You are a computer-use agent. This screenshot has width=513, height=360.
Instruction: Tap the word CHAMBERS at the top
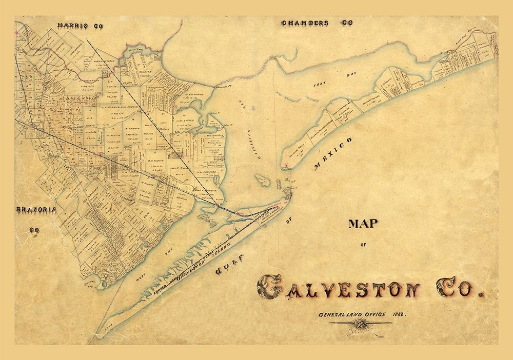305,23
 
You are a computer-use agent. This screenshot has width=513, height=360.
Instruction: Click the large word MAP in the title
363,224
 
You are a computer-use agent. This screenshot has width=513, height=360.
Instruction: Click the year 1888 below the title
397,314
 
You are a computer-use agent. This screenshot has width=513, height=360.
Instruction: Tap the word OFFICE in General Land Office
369,314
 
